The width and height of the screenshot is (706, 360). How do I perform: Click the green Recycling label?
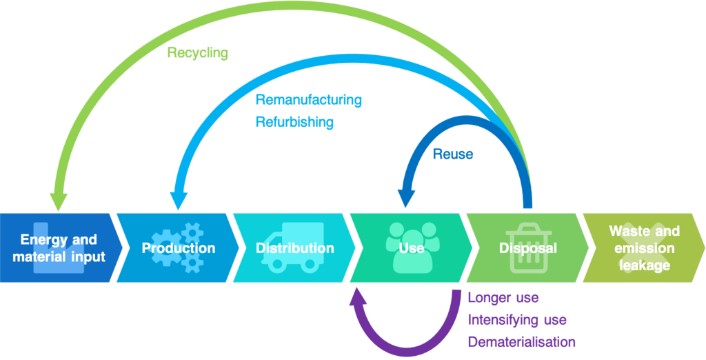tap(197, 53)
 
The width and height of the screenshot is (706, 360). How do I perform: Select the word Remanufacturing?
tap(308, 100)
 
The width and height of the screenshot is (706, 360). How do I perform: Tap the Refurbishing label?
tap(294, 123)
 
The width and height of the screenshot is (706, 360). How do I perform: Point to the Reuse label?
tap(452, 154)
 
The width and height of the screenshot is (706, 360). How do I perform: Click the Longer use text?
tap(503, 299)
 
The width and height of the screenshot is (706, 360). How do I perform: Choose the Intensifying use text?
tap(517, 320)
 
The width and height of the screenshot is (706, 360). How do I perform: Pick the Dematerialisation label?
tap(521, 342)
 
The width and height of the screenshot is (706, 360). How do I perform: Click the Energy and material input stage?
tap(59, 248)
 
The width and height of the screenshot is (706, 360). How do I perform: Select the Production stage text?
tap(179, 248)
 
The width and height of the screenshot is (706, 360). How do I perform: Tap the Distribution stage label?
tap(294, 248)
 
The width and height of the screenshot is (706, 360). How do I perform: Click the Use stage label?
tap(412, 248)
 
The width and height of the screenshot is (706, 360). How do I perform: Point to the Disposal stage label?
tap(527, 248)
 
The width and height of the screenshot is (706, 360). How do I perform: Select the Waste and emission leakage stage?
tap(644, 248)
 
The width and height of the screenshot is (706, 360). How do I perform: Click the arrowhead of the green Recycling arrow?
tap(58, 201)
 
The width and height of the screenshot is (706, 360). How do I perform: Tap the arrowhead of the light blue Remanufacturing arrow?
tap(178, 201)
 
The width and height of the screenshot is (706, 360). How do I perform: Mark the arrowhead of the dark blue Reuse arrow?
tap(407, 199)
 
